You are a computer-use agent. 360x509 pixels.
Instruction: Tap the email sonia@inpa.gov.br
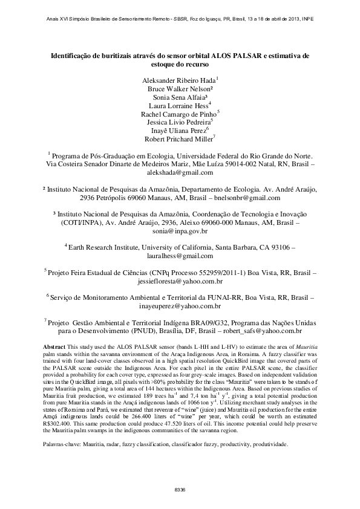[180, 231]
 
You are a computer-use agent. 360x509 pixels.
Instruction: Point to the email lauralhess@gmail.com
[180, 256]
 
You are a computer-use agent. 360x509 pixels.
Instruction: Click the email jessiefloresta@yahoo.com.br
[180, 281]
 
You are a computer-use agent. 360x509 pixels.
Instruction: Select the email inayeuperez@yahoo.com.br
[180, 306]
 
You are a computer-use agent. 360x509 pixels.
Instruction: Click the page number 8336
[180, 488]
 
